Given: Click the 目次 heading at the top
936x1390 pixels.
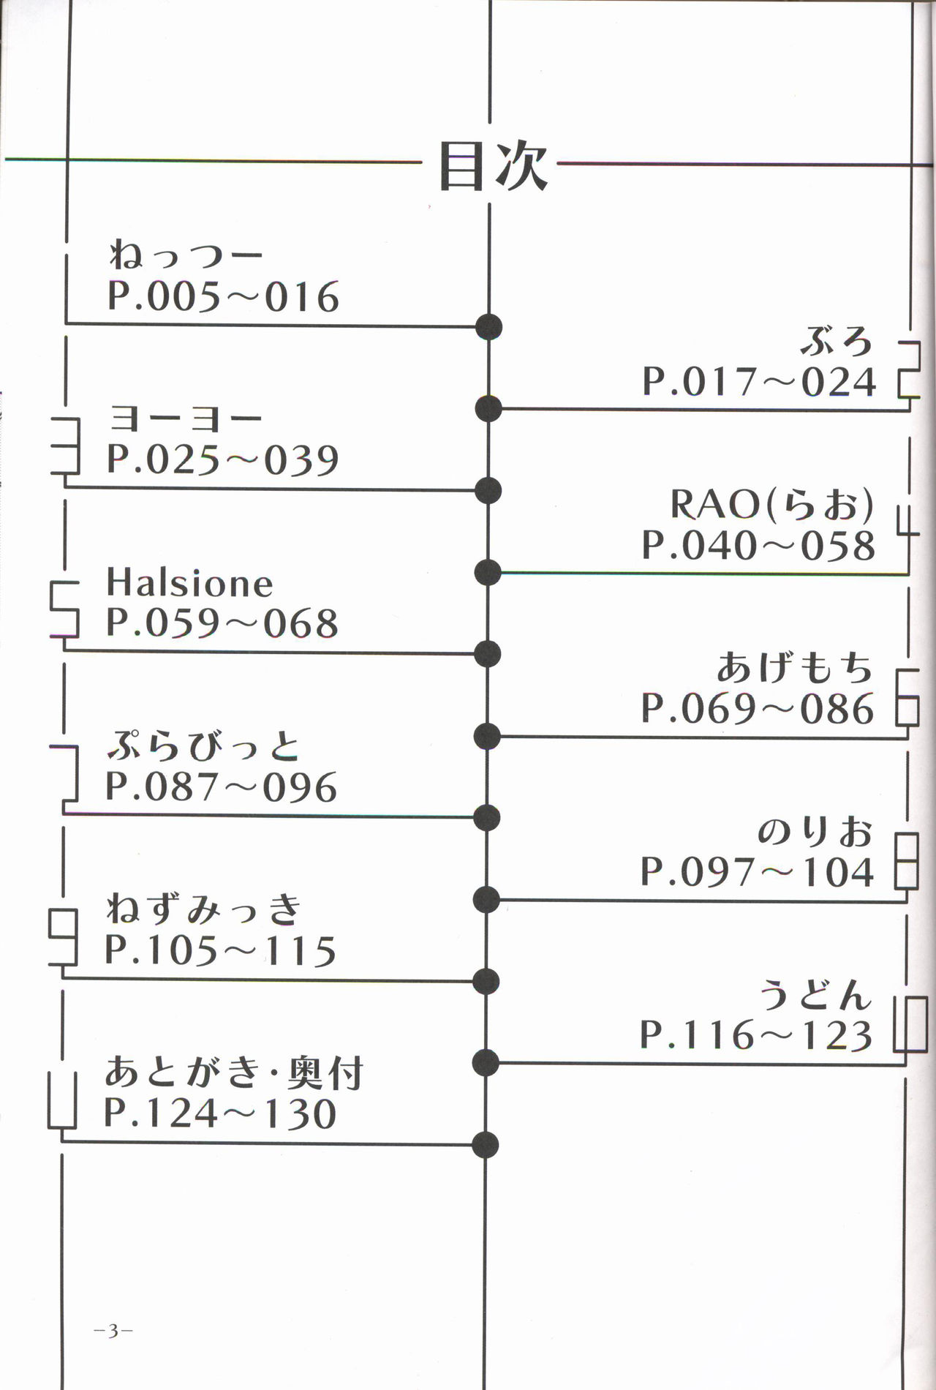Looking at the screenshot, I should pyautogui.click(x=492, y=167).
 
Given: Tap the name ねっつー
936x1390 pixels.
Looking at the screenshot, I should pyautogui.click(x=186, y=255).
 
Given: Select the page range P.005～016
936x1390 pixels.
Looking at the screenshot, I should pyautogui.click(x=223, y=297).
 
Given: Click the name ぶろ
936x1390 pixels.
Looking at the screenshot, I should pyautogui.click(x=837, y=341).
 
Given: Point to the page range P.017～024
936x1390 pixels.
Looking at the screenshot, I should pyautogui.click(x=758, y=382).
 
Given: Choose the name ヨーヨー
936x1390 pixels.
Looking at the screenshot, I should pyautogui.click(x=185, y=418).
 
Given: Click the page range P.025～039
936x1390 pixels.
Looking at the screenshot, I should pyautogui.click(x=223, y=460).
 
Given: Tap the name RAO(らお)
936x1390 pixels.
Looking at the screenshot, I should pyautogui.click(x=771, y=504).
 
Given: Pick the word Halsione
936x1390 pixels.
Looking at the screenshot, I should pyautogui.click(x=189, y=583).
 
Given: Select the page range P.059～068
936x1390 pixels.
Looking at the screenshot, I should pyautogui.click(x=222, y=623).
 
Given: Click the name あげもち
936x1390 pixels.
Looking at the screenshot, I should pyautogui.click(x=795, y=667).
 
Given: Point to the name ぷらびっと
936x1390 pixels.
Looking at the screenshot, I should pyautogui.click(x=203, y=746).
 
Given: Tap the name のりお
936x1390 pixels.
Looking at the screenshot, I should pyautogui.click(x=815, y=831).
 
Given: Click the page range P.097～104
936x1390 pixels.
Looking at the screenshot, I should pyautogui.click(x=757, y=872).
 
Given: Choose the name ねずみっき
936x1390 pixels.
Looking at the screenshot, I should pyautogui.click(x=203, y=909).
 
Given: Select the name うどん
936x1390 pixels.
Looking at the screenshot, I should pyautogui.click(x=816, y=995).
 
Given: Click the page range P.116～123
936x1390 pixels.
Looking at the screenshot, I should pyautogui.click(x=756, y=1036).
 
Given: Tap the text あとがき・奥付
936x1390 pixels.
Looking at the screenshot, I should pyautogui.click(x=234, y=1072).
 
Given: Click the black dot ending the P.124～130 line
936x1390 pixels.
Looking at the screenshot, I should pyautogui.click(x=486, y=1145).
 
